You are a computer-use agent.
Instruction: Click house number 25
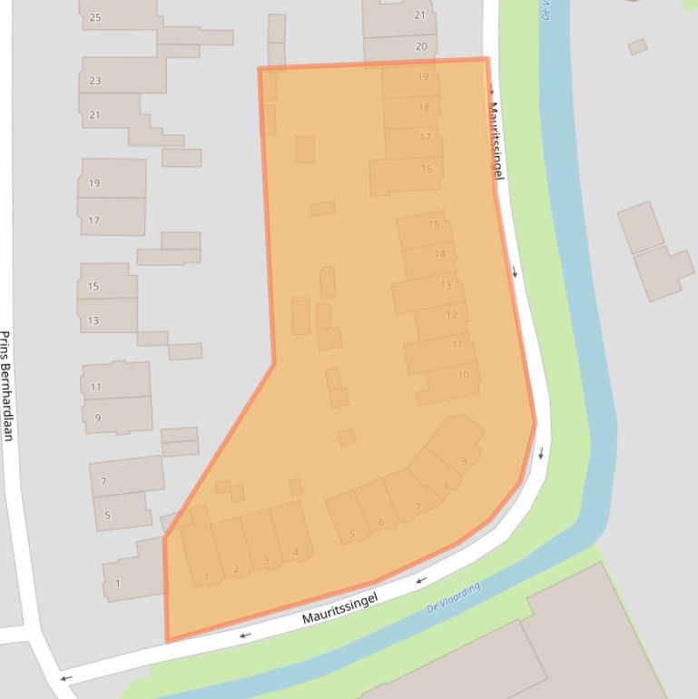click(95, 17)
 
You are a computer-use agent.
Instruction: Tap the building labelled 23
click(95, 81)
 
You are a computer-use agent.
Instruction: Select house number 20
click(421, 46)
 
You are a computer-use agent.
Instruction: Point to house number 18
click(424, 107)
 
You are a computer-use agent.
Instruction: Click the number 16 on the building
click(427, 169)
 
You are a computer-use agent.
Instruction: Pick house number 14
click(440, 253)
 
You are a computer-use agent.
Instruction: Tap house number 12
click(452, 315)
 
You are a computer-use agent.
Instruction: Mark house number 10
click(464, 375)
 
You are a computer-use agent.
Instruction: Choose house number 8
click(447, 486)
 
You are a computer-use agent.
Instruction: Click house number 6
click(381, 521)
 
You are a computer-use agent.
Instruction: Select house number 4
click(296, 553)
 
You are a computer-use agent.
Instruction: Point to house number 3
click(266, 561)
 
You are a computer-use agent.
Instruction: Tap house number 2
click(236, 569)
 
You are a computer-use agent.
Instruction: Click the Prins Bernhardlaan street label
click(6, 385)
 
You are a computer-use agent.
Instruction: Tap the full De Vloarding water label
click(453, 598)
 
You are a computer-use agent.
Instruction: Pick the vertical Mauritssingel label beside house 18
click(496, 140)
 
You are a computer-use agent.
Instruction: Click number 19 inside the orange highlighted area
click(423, 77)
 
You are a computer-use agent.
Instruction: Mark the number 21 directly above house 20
click(419, 15)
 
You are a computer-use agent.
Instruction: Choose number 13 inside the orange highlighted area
click(446, 285)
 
